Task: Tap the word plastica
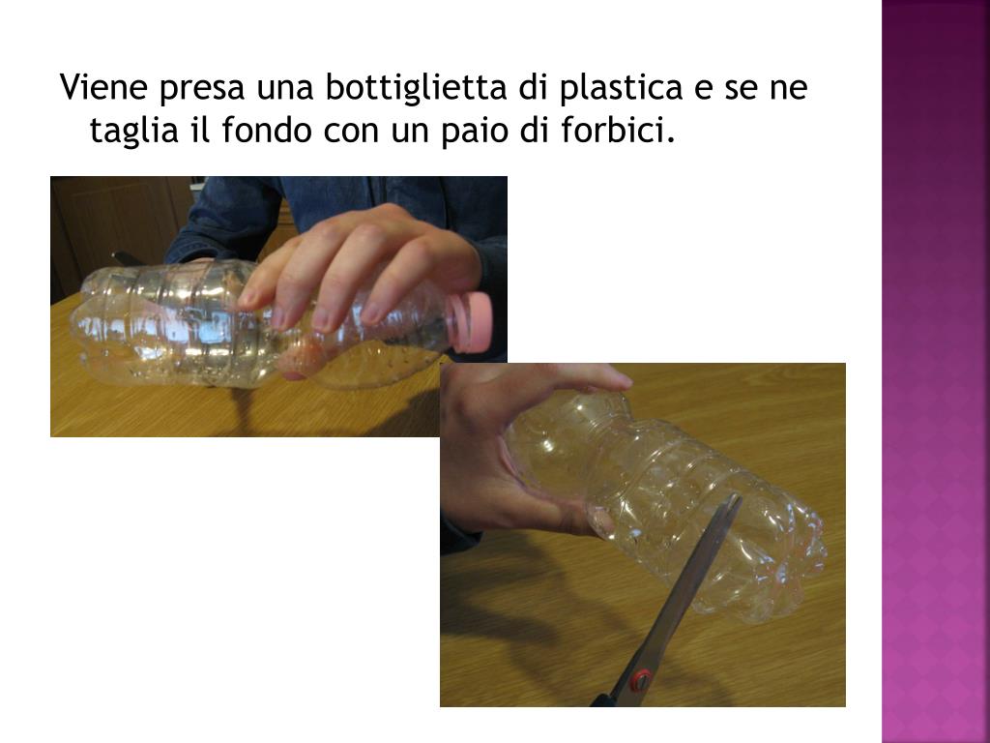click(x=622, y=88)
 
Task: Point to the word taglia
click(x=133, y=132)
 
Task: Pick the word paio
click(x=475, y=132)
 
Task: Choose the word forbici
click(x=618, y=130)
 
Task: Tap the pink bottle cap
click(x=471, y=322)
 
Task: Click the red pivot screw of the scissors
click(x=640, y=680)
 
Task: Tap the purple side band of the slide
click(x=936, y=371)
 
